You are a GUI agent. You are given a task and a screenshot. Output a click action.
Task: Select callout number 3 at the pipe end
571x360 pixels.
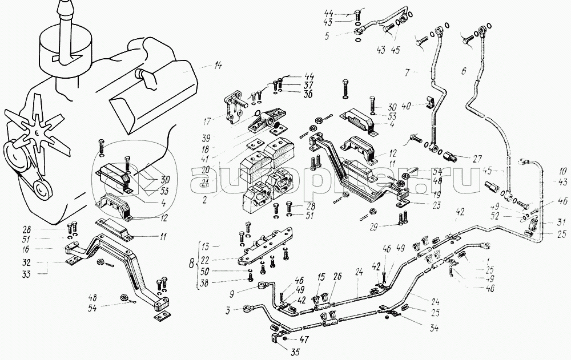[228, 310]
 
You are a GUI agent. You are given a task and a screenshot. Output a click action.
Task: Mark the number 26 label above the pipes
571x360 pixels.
[337, 277]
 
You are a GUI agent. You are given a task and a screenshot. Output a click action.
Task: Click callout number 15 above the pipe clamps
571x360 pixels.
[321, 277]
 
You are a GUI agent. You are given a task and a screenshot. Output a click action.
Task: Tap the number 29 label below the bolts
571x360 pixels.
[373, 227]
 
